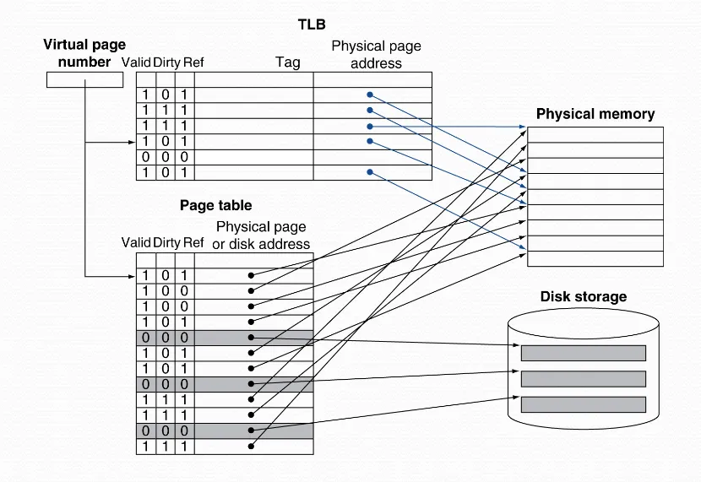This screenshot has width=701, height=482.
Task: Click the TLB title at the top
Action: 312,25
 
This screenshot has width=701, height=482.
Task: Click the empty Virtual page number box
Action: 85,79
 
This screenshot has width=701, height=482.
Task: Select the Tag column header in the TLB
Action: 287,62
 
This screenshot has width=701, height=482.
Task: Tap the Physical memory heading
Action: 595,114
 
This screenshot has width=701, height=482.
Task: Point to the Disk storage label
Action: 583,296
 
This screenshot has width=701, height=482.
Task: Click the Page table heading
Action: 215,205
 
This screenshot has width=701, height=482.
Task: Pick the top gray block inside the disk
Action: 583,353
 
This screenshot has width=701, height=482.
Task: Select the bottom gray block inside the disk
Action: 583,403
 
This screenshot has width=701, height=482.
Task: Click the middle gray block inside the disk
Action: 583,378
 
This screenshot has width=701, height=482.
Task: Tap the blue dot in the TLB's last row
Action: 369,172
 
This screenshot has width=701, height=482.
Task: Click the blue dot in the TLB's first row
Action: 369,95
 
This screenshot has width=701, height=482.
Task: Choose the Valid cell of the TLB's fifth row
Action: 145,157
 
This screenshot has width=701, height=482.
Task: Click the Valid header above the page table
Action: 136,242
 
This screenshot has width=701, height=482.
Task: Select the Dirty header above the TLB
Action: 167,62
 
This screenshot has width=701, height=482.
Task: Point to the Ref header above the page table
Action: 193,242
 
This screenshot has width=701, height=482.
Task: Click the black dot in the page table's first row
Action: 251,275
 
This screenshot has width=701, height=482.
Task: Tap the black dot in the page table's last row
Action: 251,446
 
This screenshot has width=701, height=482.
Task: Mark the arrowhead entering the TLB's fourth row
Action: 133,142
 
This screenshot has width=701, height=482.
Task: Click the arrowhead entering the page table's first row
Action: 133,275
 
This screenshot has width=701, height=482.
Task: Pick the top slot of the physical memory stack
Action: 595,134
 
